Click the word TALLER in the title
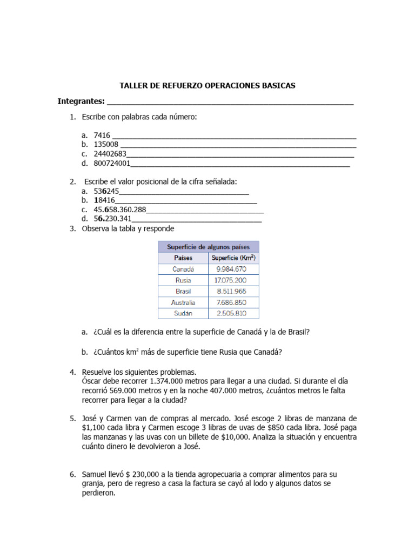tap(132, 86)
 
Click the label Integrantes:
tap(81, 102)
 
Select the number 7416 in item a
tap(102, 136)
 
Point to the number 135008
tap(106, 145)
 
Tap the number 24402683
tap(110, 154)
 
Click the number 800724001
tap(112, 163)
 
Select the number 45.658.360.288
tap(119, 210)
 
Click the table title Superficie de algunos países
tap(208, 246)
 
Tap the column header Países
tap(183, 258)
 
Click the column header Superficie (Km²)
tap(233, 258)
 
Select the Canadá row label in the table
tap(183, 269)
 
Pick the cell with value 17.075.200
tap(231, 280)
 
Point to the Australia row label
tap(183, 302)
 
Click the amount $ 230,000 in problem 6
tap(148, 474)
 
